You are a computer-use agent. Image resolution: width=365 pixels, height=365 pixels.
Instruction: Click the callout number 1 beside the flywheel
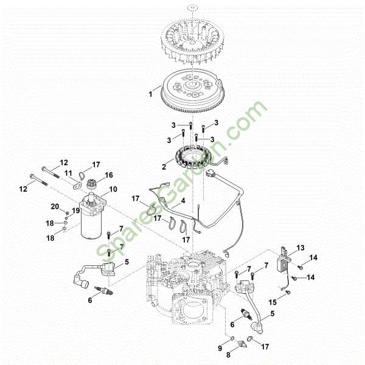click(151, 94)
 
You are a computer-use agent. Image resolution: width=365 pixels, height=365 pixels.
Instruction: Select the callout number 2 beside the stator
click(164, 167)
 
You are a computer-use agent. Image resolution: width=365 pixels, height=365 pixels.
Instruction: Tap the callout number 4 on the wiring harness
click(183, 200)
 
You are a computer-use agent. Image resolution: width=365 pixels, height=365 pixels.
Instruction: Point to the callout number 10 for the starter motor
click(113, 189)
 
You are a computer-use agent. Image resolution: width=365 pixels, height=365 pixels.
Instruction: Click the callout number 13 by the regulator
click(301, 248)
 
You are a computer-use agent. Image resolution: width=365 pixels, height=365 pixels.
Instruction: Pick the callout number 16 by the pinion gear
click(109, 175)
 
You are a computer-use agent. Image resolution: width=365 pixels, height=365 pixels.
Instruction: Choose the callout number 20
click(55, 206)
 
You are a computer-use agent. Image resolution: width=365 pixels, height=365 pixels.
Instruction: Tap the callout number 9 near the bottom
click(220, 348)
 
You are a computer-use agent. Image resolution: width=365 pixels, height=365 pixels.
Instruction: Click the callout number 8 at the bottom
click(228, 355)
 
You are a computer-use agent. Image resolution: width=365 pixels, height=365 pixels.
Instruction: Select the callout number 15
click(273, 302)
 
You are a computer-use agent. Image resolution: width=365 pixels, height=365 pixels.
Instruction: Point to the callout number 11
click(68, 173)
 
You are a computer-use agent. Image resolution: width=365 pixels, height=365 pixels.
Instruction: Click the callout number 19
click(76, 210)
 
